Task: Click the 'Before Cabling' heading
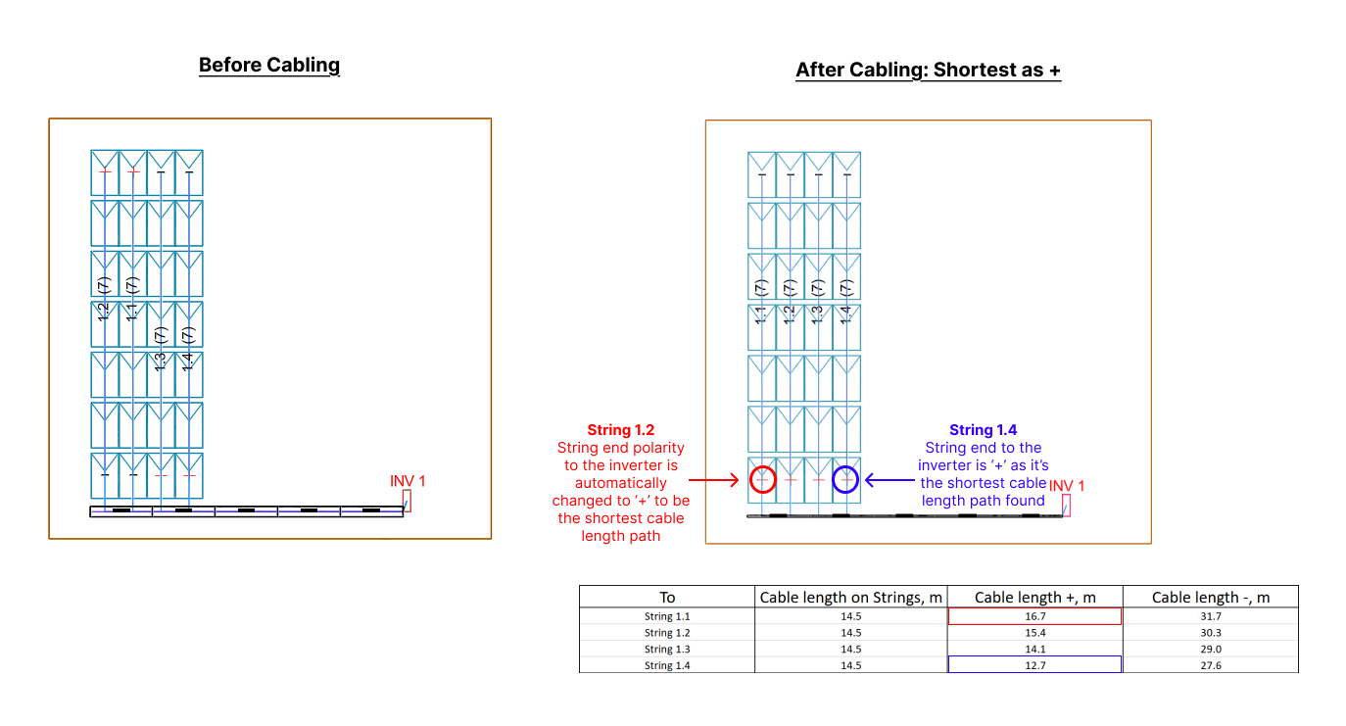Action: click(x=269, y=66)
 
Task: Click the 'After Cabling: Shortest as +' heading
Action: click(x=928, y=71)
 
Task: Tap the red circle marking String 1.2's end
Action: click(x=763, y=480)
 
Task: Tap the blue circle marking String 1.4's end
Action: click(x=845, y=480)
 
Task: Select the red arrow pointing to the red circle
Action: click(x=713, y=480)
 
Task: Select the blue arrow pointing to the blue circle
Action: click(x=889, y=480)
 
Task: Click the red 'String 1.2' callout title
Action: click(x=620, y=430)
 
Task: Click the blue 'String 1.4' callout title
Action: click(x=983, y=430)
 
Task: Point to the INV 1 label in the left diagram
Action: click(x=408, y=481)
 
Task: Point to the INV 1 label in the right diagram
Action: click(x=1067, y=486)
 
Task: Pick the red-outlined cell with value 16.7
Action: click(x=1034, y=616)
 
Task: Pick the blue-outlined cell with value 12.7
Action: click(x=1034, y=665)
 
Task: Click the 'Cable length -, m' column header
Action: click(x=1210, y=598)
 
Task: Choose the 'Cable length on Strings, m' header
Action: click(x=851, y=598)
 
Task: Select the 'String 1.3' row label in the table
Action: click(x=667, y=649)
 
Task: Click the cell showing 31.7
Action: click(x=1210, y=616)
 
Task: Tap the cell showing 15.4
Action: click(x=1034, y=633)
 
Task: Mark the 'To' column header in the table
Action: click(x=667, y=598)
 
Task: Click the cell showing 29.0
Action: click(x=1210, y=649)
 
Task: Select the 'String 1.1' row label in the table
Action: click(x=667, y=616)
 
